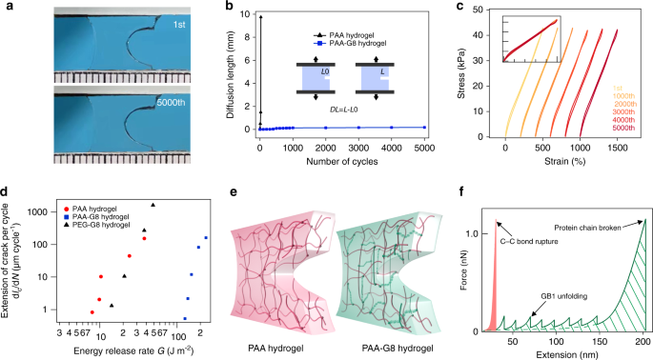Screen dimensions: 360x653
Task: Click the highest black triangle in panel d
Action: pyautogui.click(x=153, y=205)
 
